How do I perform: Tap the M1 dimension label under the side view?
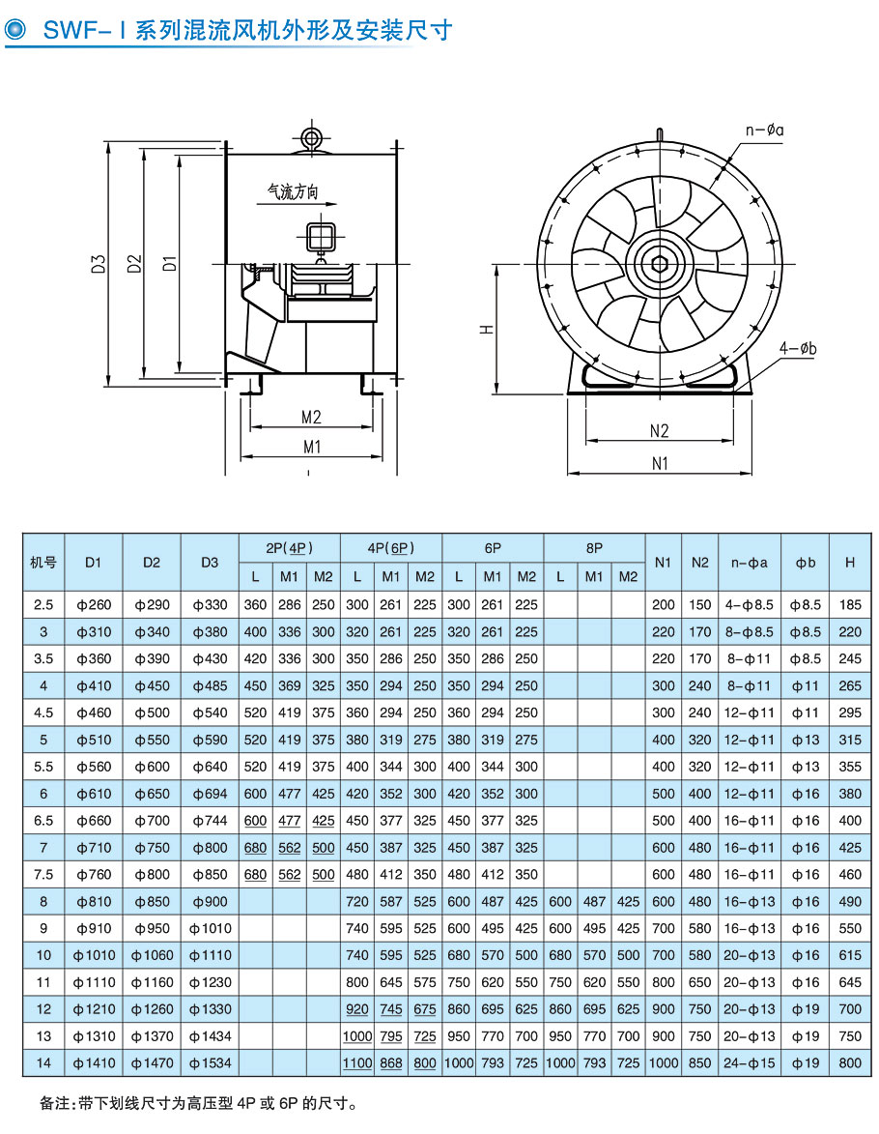point(311,446)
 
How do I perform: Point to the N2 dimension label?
point(659,431)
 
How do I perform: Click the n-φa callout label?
point(764,130)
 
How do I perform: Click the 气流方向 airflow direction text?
point(293,192)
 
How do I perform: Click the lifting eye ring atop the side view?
point(311,136)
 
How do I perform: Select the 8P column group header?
point(594,547)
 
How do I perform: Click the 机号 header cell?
point(43,562)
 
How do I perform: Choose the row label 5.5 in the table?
point(43,767)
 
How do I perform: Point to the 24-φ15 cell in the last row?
point(750,1063)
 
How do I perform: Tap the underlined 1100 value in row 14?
point(357,1063)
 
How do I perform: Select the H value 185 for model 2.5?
point(850,605)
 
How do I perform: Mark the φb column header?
point(806,562)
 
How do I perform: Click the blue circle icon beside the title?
point(16,30)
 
